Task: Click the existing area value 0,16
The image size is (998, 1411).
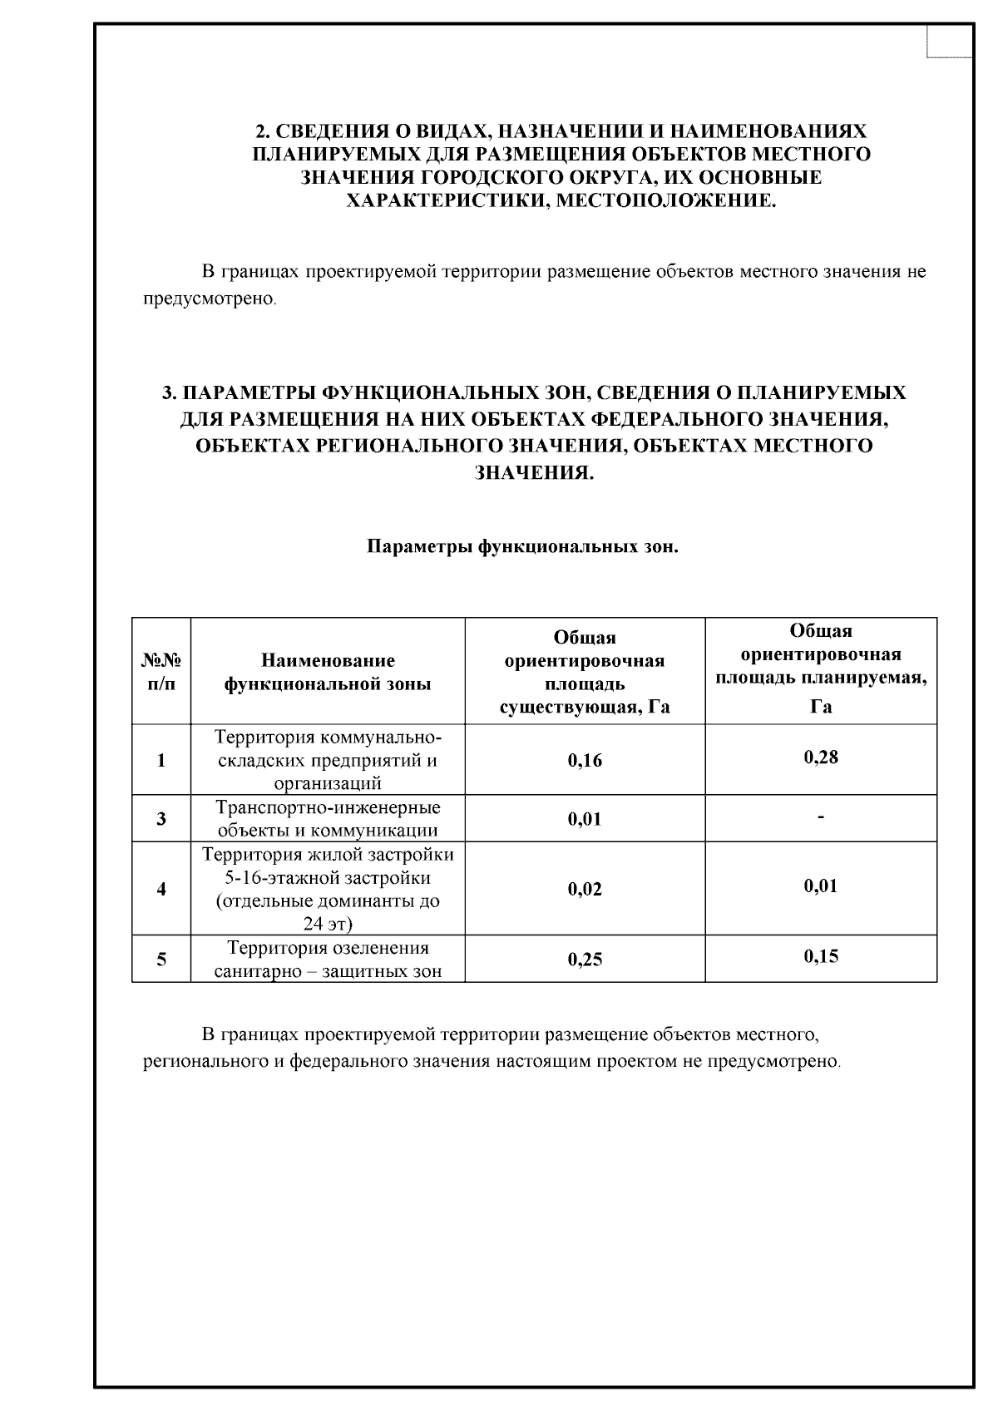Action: tap(585, 761)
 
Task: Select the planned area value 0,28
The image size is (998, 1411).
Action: tap(821, 757)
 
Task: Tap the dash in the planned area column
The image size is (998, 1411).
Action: tap(821, 818)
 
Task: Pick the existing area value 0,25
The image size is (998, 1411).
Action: tap(585, 960)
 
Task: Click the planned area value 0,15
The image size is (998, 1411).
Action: tap(821, 956)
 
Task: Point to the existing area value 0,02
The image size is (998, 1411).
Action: tap(585, 890)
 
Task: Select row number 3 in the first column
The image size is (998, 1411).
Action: tap(161, 819)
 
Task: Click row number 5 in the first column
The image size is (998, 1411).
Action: tap(161, 960)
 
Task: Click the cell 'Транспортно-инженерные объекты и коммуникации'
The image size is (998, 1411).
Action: tap(328, 819)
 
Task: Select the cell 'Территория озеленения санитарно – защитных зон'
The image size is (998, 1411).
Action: tap(328, 960)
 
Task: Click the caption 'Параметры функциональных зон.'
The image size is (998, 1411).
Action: tap(523, 548)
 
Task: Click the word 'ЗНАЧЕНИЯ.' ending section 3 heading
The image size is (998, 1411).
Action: tap(534, 473)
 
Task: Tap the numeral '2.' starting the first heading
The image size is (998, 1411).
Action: tap(262, 131)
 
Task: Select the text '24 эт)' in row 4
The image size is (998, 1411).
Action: tap(328, 924)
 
